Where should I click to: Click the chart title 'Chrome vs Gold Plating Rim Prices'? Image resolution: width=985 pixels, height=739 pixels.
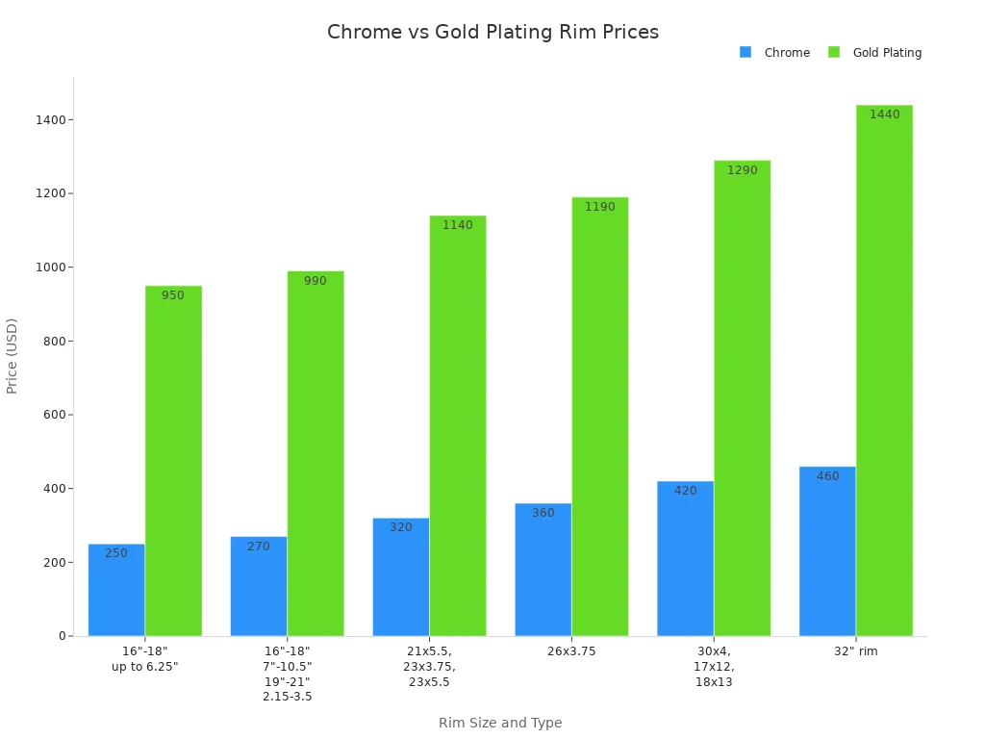click(x=492, y=32)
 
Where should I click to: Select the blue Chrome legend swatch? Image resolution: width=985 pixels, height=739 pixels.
click(x=745, y=52)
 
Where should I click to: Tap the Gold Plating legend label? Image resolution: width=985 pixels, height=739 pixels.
click(x=887, y=53)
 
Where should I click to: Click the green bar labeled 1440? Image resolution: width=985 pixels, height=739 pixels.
click(x=884, y=370)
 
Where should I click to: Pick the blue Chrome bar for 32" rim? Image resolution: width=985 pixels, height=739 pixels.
click(x=827, y=551)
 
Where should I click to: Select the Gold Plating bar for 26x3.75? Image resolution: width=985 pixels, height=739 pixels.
click(x=600, y=417)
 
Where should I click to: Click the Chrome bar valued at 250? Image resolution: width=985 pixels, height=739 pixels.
click(x=116, y=590)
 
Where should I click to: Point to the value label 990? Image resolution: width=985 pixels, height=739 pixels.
click(x=316, y=281)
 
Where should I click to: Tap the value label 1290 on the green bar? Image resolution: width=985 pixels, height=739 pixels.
click(x=742, y=170)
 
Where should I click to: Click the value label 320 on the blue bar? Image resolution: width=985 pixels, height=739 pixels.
click(x=401, y=527)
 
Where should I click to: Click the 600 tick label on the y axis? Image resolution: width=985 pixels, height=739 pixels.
click(x=53, y=415)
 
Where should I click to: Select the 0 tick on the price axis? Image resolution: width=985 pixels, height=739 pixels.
click(x=62, y=636)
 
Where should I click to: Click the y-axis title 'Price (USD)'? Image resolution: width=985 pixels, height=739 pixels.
click(x=13, y=356)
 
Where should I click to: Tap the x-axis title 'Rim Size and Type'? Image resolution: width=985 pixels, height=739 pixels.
click(x=500, y=723)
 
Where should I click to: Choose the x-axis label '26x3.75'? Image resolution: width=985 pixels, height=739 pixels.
click(x=571, y=651)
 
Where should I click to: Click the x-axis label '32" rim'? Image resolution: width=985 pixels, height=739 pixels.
click(x=856, y=651)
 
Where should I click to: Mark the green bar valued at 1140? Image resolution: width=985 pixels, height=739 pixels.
click(x=458, y=425)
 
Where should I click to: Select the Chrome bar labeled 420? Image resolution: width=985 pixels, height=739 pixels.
click(x=685, y=558)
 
